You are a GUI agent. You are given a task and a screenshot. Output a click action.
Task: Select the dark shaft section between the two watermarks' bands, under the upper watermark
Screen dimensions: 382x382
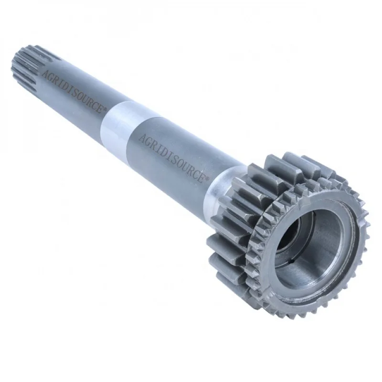(x=76, y=103)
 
